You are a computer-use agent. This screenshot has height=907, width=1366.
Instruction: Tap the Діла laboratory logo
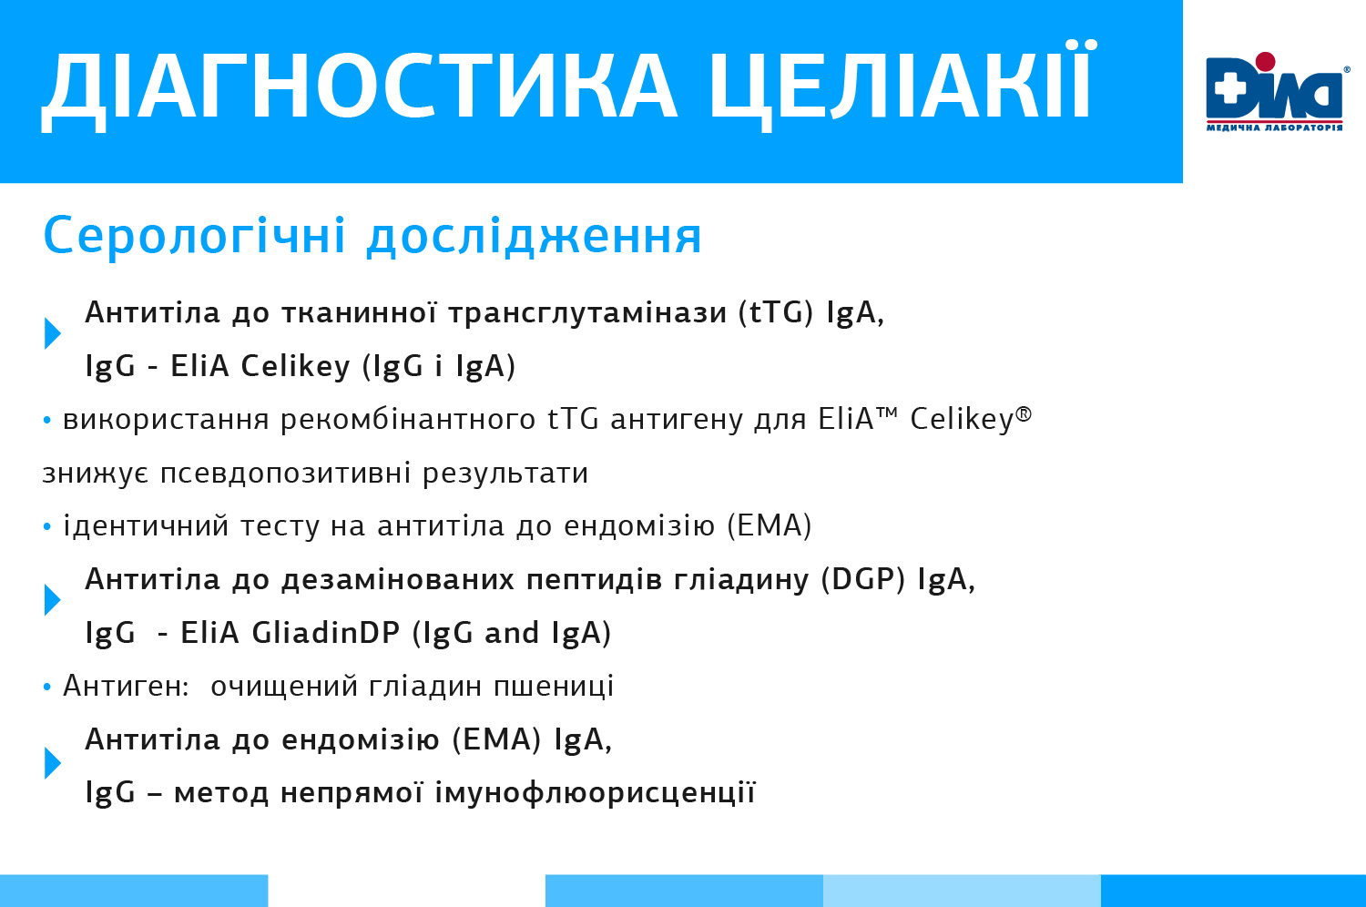(x=1276, y=91)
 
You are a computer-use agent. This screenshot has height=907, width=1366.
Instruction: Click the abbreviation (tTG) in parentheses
(x=776, y=312)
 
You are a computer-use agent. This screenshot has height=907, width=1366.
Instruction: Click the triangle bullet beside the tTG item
(x=53, y=333)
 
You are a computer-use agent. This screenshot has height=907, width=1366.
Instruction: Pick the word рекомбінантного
(x=408, y=420)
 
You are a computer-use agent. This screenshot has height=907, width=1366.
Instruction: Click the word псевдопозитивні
(x=285, y=474)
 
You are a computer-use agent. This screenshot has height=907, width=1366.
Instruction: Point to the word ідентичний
(x=146, y=525)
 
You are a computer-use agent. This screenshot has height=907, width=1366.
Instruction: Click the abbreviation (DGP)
(x=863, y=579)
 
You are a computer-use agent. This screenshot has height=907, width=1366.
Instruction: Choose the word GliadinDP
(x=326, y=633)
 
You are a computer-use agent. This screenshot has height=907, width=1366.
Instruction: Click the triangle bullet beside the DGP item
(x=53, y=599)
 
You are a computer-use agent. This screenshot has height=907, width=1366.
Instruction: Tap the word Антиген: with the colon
(x=127, y=687)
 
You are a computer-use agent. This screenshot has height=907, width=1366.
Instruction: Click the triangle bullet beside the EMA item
(x=53, y=763)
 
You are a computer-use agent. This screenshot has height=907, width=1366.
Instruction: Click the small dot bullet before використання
(x=47, y=420)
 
